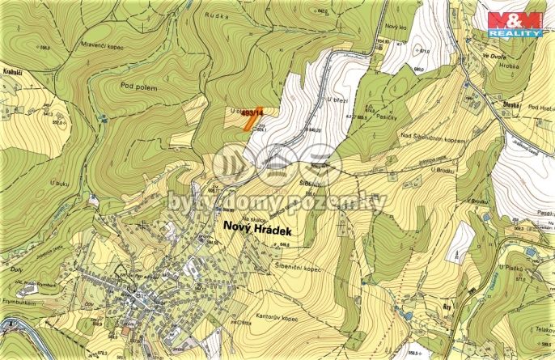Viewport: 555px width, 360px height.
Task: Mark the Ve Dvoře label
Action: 494,56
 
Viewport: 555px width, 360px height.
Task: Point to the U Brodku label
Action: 444,170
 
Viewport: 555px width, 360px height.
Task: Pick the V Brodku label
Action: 480,199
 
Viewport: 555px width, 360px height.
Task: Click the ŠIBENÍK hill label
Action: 311,184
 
